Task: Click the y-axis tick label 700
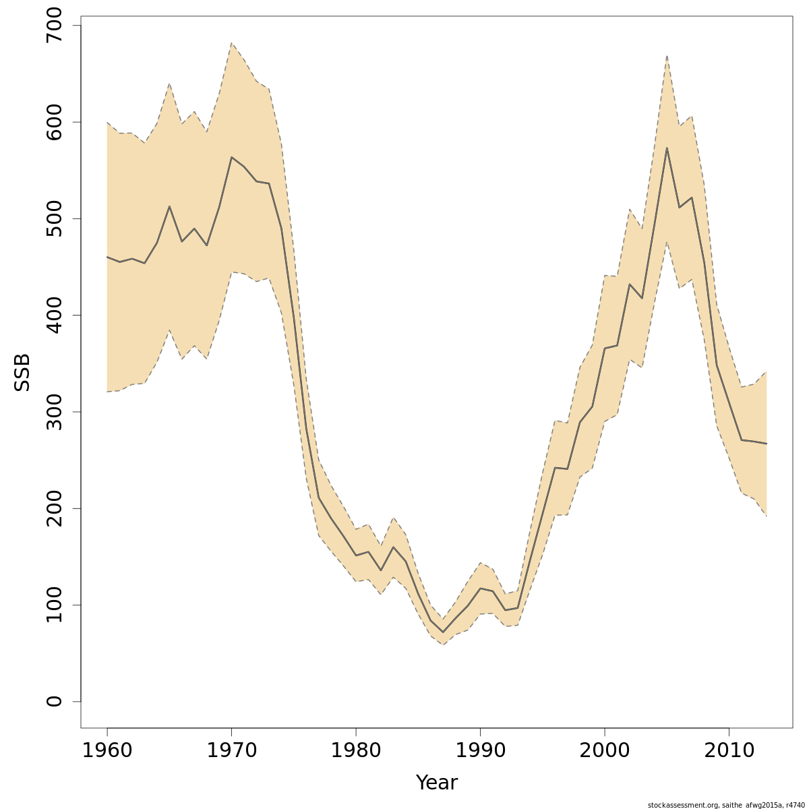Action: pyautogui.click(x=54, y=26)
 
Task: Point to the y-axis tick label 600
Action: pyautogui.click(x=54, y=122)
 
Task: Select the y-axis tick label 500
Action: pyautogui.click(x=54, y=218)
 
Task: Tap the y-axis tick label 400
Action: pyautogui.click(x=54, y=315)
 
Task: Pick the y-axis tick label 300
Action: pyautogui.click(x=54, y=411)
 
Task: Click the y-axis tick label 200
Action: pyautogui.click(x=54, y=508)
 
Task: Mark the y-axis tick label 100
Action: pyautogui.click(x=54, y=605)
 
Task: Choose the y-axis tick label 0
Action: pyautogui.click(x=54, y=701)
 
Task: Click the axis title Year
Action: pyautogui.click(x=436, y=783)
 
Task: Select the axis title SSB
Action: pyautogui.click(x=22, y=372)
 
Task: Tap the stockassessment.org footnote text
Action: pyautogui.click(x=726, y=805)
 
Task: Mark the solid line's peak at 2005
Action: pyautogui.click(x=667, y=148)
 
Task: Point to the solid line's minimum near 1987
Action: pyautogui.click(x=443, y=632)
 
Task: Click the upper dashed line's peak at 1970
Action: pyautogui.click(x=231, y=43)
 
